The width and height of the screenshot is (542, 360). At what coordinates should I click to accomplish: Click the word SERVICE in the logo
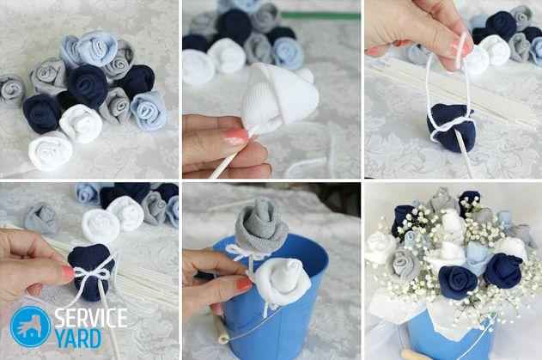[91, 317]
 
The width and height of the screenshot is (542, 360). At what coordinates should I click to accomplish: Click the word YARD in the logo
[78, 339]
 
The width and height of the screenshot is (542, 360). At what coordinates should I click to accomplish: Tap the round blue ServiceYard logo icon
[30, 326]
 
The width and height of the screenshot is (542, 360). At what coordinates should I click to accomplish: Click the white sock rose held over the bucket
[281, 282]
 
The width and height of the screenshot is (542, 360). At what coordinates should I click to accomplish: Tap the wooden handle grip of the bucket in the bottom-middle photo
[222, 332]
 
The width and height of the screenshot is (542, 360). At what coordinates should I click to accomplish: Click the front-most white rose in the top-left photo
[50, 150]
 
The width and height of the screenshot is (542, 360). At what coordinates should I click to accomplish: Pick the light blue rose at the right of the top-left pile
[149, 110]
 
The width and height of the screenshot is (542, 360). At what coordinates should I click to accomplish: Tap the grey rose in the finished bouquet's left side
[405, 264]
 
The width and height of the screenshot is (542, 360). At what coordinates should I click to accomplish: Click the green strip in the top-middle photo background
[320, 15]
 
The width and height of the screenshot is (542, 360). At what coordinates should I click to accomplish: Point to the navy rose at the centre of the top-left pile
[88, 85]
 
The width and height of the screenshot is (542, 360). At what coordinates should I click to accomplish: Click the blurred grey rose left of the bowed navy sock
[42, 218]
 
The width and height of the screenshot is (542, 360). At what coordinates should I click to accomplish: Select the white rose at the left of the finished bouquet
[381, 247]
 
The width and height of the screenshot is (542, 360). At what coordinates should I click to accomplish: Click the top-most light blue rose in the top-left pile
[96, 48]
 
